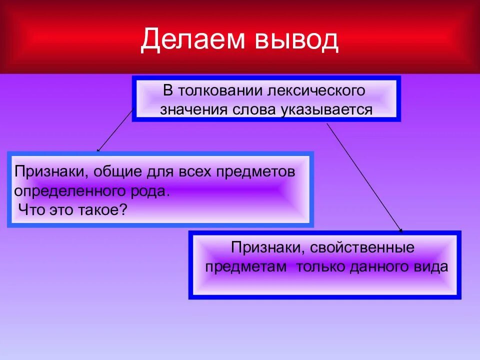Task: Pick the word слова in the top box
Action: (248, 110)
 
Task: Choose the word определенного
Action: (68, 190)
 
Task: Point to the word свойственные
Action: (362, 247)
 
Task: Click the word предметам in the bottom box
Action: (246, 266)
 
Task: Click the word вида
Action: (432, 266)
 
